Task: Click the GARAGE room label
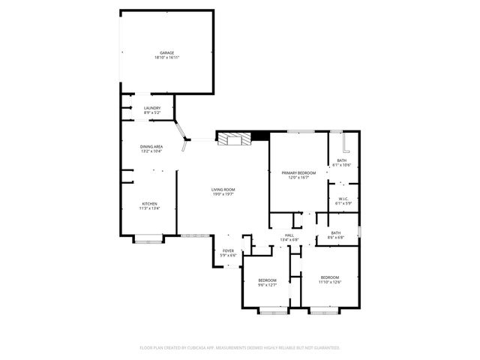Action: click(x=166, y=52)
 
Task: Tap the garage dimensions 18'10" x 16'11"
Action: click(x=166, y=58)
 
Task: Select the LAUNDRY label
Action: click(x=152, y=108)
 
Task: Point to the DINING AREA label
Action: click(x=151, y=146)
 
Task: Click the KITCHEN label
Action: click(x=150, y=204)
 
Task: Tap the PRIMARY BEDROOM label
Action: click(x=299, y=172)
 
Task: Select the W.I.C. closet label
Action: click(x=342, y=198)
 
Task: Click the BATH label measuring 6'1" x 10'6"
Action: click(x=342, y=160)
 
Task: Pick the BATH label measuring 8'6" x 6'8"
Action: click(x=336, y=233)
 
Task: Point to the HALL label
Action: click(x=289, y=235)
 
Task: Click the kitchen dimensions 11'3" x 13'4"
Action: click(x=150, y=208)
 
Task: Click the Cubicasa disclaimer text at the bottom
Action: click(x=240, y=348)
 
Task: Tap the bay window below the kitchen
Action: click(x=147, y=239)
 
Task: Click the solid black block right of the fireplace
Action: click(x=260, y=135)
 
